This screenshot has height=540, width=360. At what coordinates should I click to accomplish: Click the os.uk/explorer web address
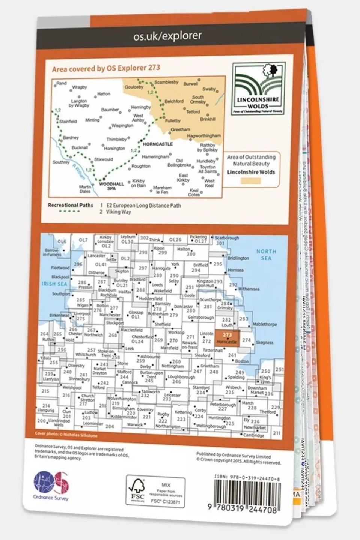pos(167,36)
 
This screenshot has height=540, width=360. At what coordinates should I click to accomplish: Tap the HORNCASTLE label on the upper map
pos(158,144)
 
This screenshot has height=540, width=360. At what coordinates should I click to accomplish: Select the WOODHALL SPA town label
pos(111,186)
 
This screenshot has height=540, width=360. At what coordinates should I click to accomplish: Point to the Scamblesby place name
pos(166,82)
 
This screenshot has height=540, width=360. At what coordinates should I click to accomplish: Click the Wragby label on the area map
pos(79,87)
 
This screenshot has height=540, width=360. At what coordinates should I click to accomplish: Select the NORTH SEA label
pos(266,254)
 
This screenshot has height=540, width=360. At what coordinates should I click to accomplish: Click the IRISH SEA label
pos(54,284)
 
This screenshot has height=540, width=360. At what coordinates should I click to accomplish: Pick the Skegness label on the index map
pos(265,343)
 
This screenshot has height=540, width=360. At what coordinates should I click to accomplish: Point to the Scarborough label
pos(227,238)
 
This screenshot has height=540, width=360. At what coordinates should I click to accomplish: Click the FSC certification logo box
pos(155,491)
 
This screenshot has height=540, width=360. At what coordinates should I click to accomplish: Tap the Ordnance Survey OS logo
pos(51,484)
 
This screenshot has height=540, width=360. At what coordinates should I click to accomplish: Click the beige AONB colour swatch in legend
pos(250,181)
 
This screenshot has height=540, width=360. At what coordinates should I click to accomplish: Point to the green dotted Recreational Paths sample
pos(69,212)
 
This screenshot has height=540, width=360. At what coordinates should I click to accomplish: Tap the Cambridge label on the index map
pos(253,435)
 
